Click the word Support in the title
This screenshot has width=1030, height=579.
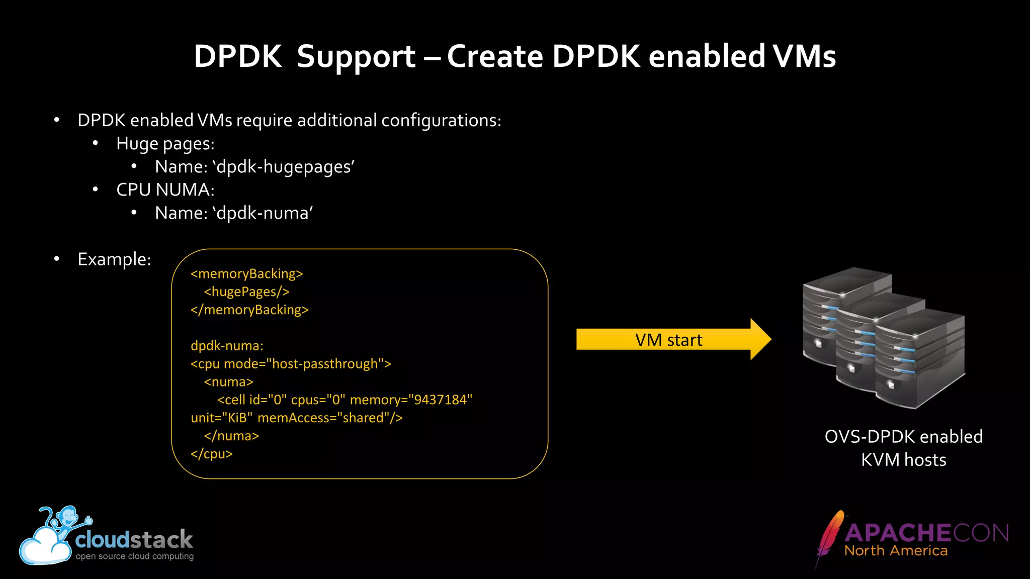(356, 57)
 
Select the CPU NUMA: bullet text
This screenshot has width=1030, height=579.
(165, 190)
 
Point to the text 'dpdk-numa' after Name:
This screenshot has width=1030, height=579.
(262, 214)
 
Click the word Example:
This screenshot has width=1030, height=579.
(114, 259)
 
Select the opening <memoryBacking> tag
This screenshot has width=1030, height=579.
(246, 274)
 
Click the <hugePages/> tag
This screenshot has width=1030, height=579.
(246, 292)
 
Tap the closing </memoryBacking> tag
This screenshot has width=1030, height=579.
(249, 310)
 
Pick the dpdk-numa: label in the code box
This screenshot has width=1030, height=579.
(227, 346)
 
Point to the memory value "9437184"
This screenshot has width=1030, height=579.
(440, 400)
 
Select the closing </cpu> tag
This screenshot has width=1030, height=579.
(211, 454)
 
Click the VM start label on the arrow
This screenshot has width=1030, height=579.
(668, 340)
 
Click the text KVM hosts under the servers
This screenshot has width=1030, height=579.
(903, 460)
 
